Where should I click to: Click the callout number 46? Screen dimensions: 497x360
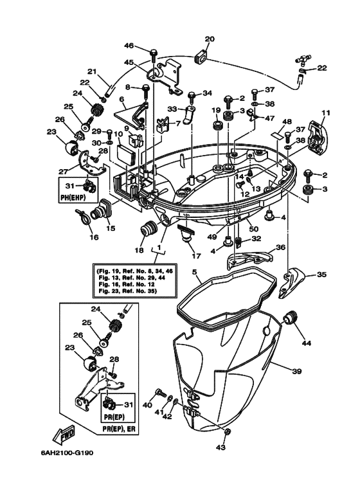coord(129,46)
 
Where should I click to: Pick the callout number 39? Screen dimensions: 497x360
coord(296,372)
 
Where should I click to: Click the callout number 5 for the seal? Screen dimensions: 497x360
coord(194,272)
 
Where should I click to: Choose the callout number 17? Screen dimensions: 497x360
coord(188,255)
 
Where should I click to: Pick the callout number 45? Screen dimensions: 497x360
coord(129,62)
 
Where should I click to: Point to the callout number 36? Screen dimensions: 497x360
coord(280,247)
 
